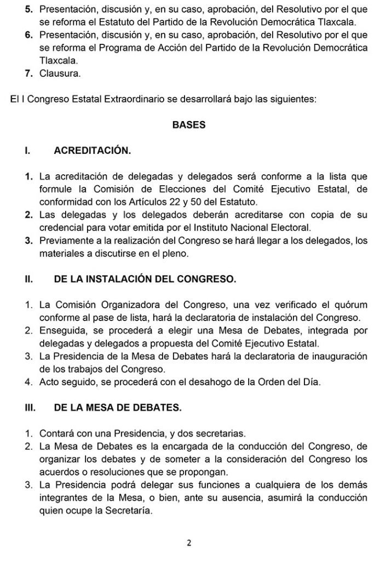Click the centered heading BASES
pos(189,125)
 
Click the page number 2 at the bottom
pos(189,543)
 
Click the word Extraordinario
pos(127,99)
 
